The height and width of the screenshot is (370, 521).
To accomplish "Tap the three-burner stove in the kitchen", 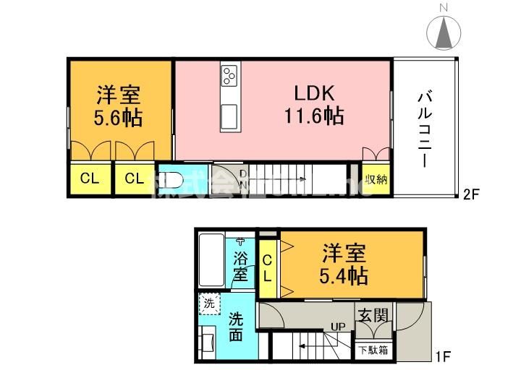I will (230, 75).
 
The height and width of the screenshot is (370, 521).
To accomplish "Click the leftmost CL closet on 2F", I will (89, 180).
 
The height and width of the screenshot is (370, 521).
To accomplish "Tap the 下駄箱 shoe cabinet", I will (373, 350).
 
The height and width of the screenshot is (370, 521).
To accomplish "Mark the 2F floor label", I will (472, 194).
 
